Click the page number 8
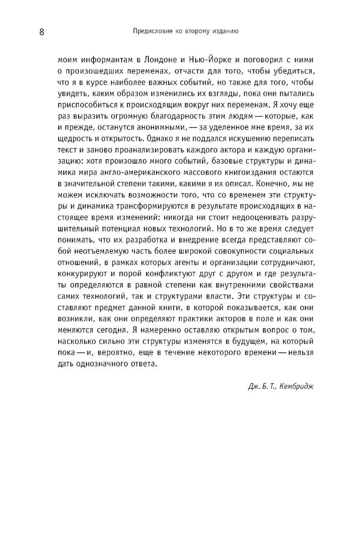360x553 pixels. tap(41, 32)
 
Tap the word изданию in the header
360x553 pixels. tap(223, 32)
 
